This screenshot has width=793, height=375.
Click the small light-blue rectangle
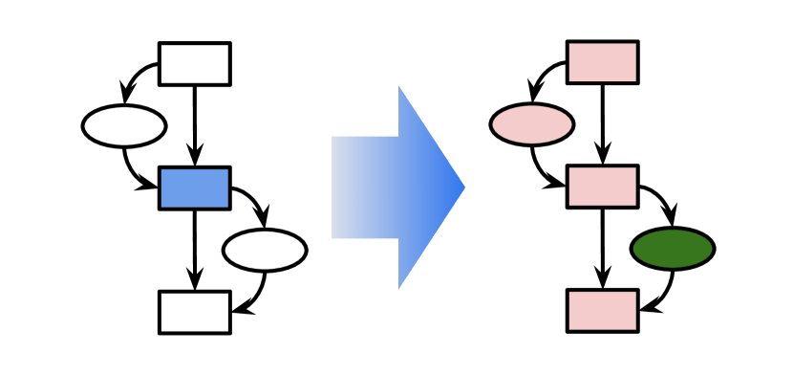point(194,187)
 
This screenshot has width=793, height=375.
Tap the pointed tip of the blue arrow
point(463,187)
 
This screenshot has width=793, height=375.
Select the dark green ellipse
point(673,249)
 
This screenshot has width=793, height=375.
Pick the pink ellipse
point(532,124)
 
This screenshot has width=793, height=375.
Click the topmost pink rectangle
point(602,62)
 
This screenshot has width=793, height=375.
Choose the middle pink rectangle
point(602,187)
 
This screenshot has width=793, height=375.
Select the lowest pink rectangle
point(602,311)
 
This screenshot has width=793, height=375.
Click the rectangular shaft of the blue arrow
point(365,187)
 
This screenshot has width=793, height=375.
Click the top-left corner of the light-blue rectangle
point(162,170)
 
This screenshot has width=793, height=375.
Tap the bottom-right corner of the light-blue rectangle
point(226,206)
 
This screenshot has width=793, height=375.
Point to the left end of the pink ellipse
point(494,124)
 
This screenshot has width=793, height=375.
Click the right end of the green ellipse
point(711,249)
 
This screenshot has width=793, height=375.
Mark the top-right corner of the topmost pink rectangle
point(634,44)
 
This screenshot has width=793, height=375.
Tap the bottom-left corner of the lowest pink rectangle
point(570,328)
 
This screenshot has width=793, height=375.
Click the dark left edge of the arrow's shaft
point(333,187)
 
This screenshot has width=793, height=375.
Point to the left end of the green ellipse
point(634,249)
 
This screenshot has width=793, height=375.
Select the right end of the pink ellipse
point(570,124)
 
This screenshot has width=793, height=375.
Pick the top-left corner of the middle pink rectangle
point(570,168)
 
